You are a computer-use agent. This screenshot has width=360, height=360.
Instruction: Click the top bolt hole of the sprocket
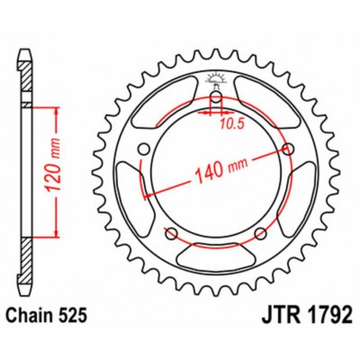(215, 97)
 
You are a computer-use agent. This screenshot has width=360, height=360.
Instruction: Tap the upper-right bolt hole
(288, 149)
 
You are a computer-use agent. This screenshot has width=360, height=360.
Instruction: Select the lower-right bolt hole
(260, 232)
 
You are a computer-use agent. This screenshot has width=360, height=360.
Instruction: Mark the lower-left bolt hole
(171, 232)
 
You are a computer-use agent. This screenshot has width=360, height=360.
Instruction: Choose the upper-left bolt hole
(143, 149)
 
